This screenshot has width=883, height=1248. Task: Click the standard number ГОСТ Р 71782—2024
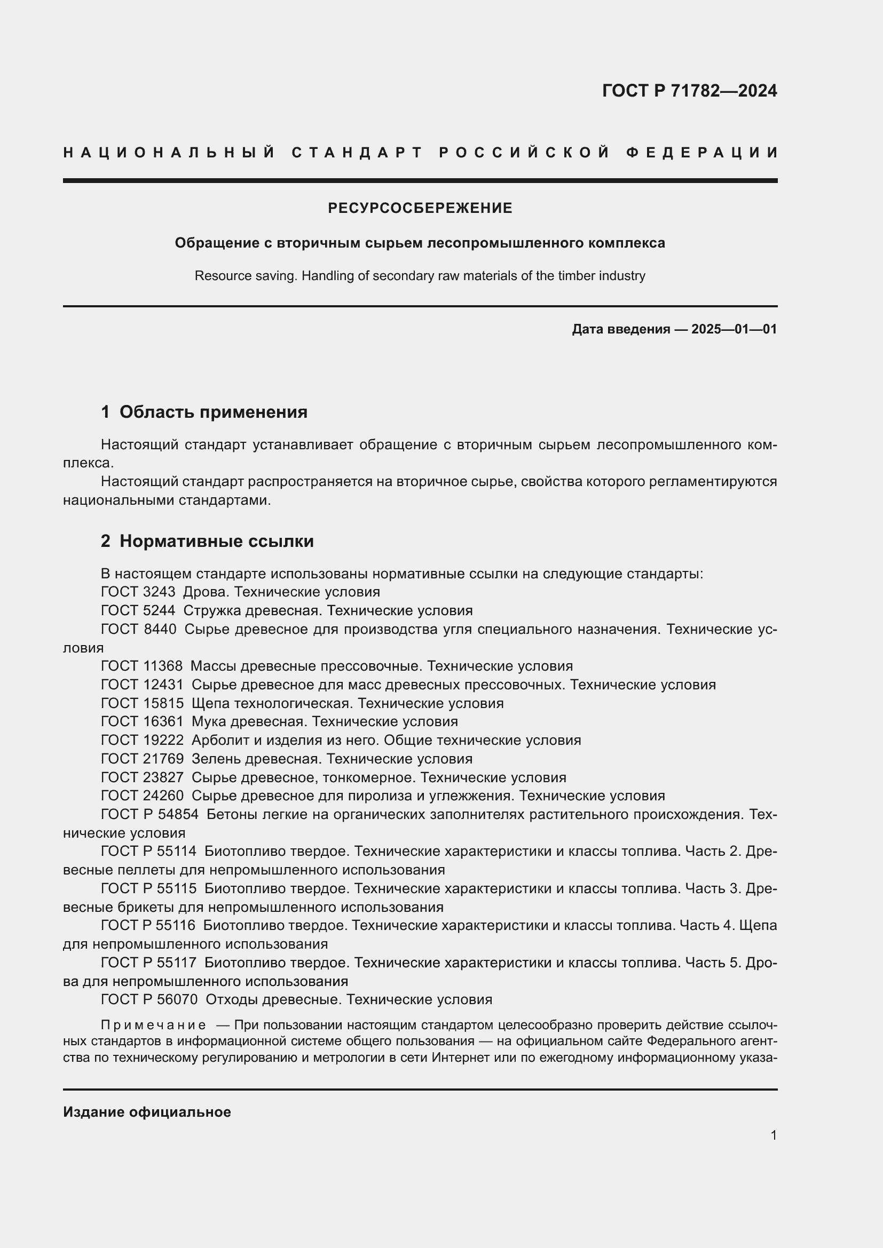click(689, 91)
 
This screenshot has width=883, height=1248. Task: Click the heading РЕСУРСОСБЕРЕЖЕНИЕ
click(420, 208)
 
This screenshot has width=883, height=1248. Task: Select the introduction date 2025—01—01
click(734, 329)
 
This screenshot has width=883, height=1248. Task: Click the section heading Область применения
click(213, 412)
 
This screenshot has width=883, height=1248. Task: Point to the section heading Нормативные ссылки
click(216, 541)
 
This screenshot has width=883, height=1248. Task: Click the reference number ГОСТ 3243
click(138, 591)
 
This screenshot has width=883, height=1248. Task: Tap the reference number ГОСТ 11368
click(141, 666)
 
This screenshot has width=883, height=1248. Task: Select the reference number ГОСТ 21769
click(142, 758)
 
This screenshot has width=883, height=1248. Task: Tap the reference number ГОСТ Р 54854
click(149, 814)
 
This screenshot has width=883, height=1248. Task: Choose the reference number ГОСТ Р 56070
click(149, 999)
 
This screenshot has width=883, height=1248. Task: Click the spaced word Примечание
click(153, 1025)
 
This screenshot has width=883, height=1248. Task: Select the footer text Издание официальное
click(147, 1112)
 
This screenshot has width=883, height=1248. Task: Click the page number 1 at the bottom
click(773, 1135)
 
